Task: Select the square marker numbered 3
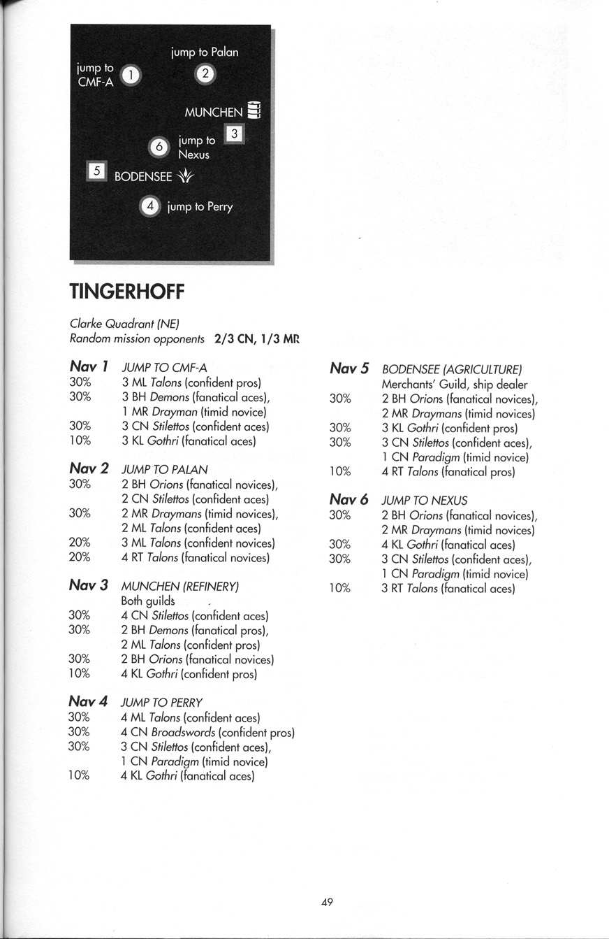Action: [x=235, y=134]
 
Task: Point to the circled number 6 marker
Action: [x=160, y=147]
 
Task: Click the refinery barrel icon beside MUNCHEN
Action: [x=254, y=110]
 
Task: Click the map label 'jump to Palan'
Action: [x=205, y=52]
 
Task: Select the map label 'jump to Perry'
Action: [x=200, y=207]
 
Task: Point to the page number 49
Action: [x=327, y=903]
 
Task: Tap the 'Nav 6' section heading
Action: [x=348, y=500]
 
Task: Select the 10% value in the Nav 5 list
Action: [x=339, y=472]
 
